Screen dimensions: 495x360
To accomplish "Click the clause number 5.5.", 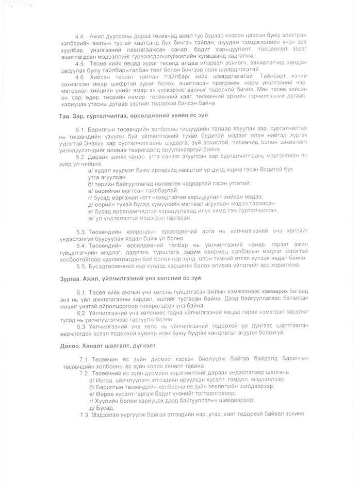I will [x=81, y=265].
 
